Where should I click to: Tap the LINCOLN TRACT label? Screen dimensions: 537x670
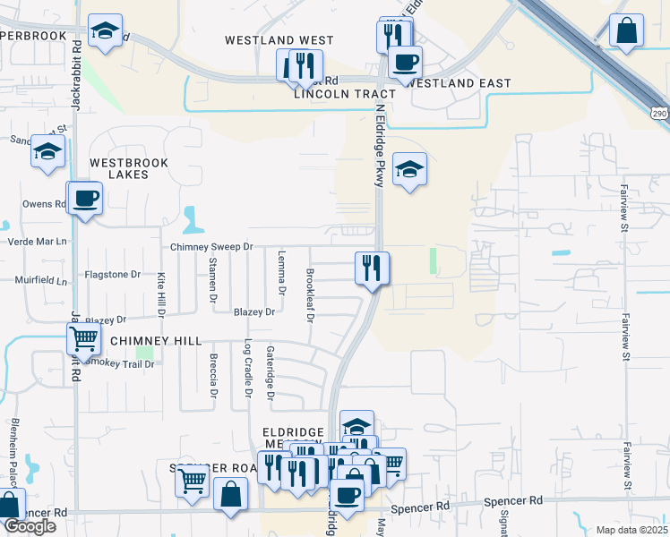(x=331, y=93)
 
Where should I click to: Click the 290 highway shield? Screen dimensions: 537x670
(x=659, y=114)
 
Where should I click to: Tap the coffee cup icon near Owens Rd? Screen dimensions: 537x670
(x=86, y=198)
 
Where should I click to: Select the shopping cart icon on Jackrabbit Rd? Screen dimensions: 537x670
(x=83, y=339)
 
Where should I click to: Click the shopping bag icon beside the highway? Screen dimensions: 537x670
(x=626, y=30)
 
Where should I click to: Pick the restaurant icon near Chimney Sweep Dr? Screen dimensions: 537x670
(x=371, y=267)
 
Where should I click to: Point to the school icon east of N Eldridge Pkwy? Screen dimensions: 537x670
(x=409, y=169)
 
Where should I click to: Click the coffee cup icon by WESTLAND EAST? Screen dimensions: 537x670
(x=405, y=62)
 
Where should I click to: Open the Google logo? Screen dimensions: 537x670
(x=30, y=526)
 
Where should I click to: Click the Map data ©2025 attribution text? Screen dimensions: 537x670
(x=631, y=530)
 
